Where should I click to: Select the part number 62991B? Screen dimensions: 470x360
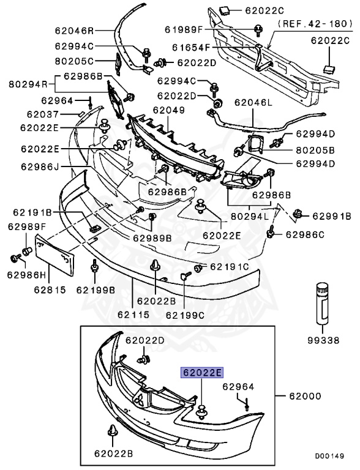point(331,216)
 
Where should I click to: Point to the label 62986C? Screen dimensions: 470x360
point(304,234)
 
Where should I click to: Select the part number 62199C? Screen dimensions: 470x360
point(186,316)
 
